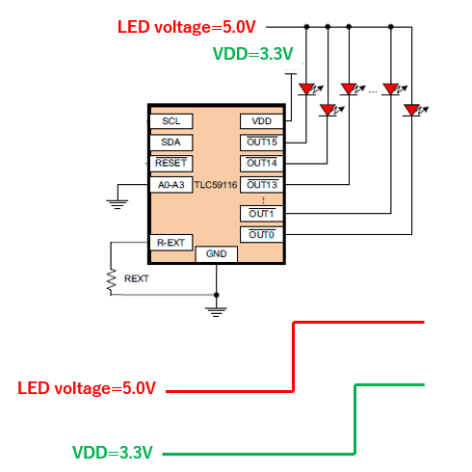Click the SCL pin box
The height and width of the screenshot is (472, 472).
(x=171, y=121)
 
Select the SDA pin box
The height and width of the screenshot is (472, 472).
(x=171, y=143)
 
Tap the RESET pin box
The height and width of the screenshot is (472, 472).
(x=171, y=164)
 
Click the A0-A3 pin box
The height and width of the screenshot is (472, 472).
(x=171, y=185)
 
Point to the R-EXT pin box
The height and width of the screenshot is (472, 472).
(x=171, y=243)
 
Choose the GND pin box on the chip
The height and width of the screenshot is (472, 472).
(x=217, y=254)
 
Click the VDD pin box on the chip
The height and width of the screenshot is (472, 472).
(x=262, y=121)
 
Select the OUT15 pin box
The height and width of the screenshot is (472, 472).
(x=262, y=143)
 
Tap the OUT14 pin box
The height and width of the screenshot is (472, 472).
(x=262, y=164)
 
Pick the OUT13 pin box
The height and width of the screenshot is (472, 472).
(x=262, y=185)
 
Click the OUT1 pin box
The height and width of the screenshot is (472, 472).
(x=262, y=214)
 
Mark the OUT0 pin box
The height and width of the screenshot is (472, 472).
(x=262, y=235)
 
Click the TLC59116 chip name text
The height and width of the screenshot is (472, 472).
(x=216, y=185)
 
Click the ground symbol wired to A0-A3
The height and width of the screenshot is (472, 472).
(x=118, y=204)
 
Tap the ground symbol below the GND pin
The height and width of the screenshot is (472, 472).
(x=216, y=312)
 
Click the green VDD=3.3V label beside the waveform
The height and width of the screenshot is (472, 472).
(x=113, y=453)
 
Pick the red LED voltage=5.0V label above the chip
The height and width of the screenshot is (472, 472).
(x=187, y=27)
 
